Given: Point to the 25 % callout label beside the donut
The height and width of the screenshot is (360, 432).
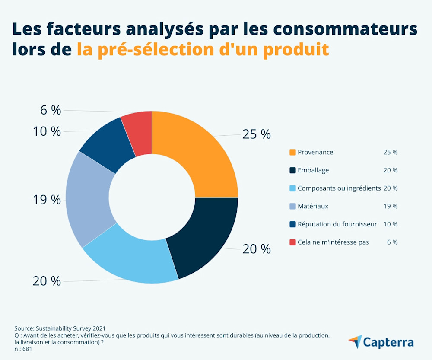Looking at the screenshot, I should tap(256, 134).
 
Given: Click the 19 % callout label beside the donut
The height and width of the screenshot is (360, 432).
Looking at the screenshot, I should tap(47, 200).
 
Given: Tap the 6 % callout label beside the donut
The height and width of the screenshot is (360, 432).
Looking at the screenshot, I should tap(51, 110).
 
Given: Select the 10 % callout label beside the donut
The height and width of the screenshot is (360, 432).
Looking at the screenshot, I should tap(47, 131).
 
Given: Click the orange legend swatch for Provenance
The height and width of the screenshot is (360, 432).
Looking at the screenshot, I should tap(292, 153).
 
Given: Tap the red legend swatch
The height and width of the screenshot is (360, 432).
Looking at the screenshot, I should tap(292, 242).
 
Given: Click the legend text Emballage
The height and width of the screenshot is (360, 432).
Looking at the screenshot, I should tap(313, 170).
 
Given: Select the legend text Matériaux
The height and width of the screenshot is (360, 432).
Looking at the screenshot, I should tap(313, 206).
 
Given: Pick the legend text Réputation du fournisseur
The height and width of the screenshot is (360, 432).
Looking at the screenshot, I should tap(337, 224).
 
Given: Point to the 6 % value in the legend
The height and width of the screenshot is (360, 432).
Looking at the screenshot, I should tap(392, 242).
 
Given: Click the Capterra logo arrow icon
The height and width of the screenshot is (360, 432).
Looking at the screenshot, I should tap(355, 341).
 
